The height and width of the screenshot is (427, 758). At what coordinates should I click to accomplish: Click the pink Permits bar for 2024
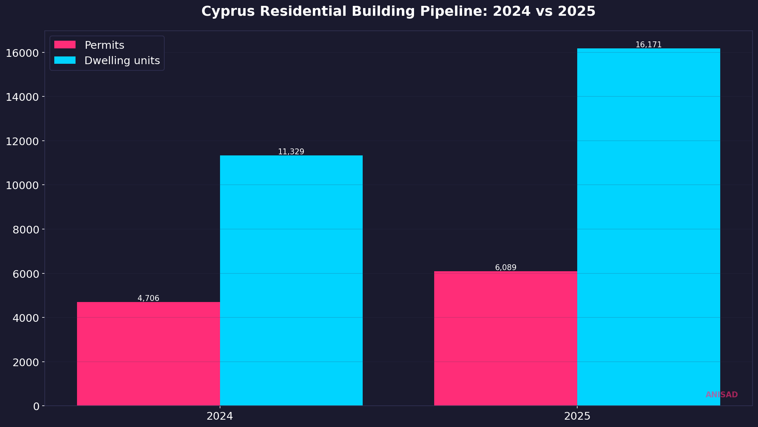point(148,354)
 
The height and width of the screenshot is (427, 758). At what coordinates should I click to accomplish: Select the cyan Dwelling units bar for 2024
point(291,280)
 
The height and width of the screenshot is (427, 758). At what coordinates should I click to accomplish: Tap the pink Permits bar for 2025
point(505,338)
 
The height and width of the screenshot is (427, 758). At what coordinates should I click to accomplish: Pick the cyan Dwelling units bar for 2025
point(648,227)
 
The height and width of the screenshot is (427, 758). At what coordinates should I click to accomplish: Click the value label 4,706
point(148,298)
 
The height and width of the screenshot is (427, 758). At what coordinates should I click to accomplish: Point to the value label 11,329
point(291,152)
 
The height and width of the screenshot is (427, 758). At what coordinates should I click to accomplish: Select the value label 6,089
point(505,268)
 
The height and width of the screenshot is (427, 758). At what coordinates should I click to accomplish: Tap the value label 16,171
point(648,45)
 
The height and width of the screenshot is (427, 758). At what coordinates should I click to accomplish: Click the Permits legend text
point(104,45)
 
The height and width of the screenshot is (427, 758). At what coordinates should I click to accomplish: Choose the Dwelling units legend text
point(122,60)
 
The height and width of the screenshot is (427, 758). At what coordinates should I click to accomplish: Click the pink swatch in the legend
point(65,45)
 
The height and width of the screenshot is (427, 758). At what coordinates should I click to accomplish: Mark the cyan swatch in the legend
point(65,60)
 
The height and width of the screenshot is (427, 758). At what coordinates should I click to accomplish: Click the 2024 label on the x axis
point(220,416)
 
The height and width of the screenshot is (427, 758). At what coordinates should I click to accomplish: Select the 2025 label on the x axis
point(577,416)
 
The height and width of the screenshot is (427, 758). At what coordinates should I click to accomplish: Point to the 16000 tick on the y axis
point(22,53)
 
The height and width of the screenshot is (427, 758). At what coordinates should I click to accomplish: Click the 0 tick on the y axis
point(36,406)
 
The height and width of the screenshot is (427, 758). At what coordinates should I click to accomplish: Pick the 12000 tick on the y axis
point(22,141)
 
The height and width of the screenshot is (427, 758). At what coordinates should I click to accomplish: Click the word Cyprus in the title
point(228,11)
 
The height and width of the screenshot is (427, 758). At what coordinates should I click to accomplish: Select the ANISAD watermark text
point(721,395)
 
